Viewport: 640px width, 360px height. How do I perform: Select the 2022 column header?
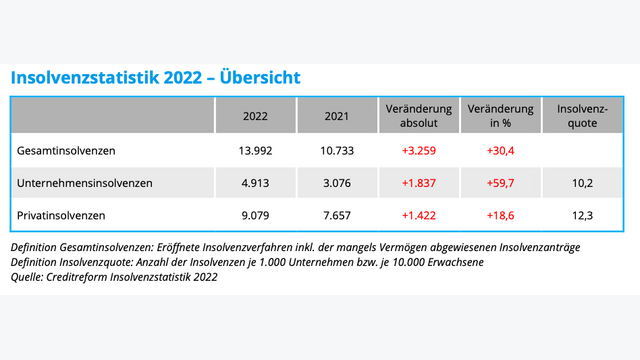[255, 116]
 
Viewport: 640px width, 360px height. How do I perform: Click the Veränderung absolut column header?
[419, 116]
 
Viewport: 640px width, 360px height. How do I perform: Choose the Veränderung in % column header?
[501, 116]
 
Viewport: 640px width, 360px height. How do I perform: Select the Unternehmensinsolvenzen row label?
[85, 183]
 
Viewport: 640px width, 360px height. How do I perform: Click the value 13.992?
[255, 150]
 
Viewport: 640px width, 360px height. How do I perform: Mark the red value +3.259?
[419, 150]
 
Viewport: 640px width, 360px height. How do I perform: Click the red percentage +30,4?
[501, 150]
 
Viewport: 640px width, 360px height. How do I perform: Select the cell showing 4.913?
[255, 183]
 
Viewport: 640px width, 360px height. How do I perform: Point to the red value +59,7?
[501, 183]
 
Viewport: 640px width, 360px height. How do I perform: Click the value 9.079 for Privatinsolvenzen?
[255, 215]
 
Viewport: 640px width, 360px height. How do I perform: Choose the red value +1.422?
[419, 215]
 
